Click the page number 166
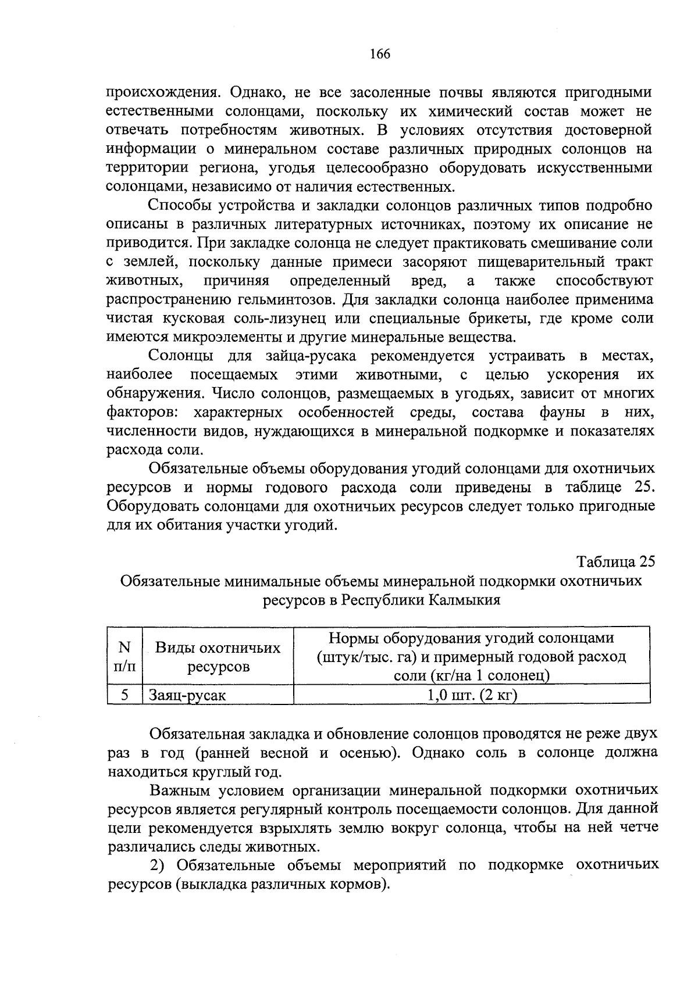tap(379, 55)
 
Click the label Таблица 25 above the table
tap(615, 562)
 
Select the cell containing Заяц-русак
tap(187, 695)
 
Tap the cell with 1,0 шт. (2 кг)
tap(472, 695)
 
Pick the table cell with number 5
tap(124, 695)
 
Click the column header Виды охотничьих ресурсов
tap(218, 657)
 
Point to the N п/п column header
tap(124, 657)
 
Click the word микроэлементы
tap(201, 338)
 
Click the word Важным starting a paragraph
tap(177, 790)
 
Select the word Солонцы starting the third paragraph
tap(180, 356)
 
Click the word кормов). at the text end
tap(360, 885)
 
